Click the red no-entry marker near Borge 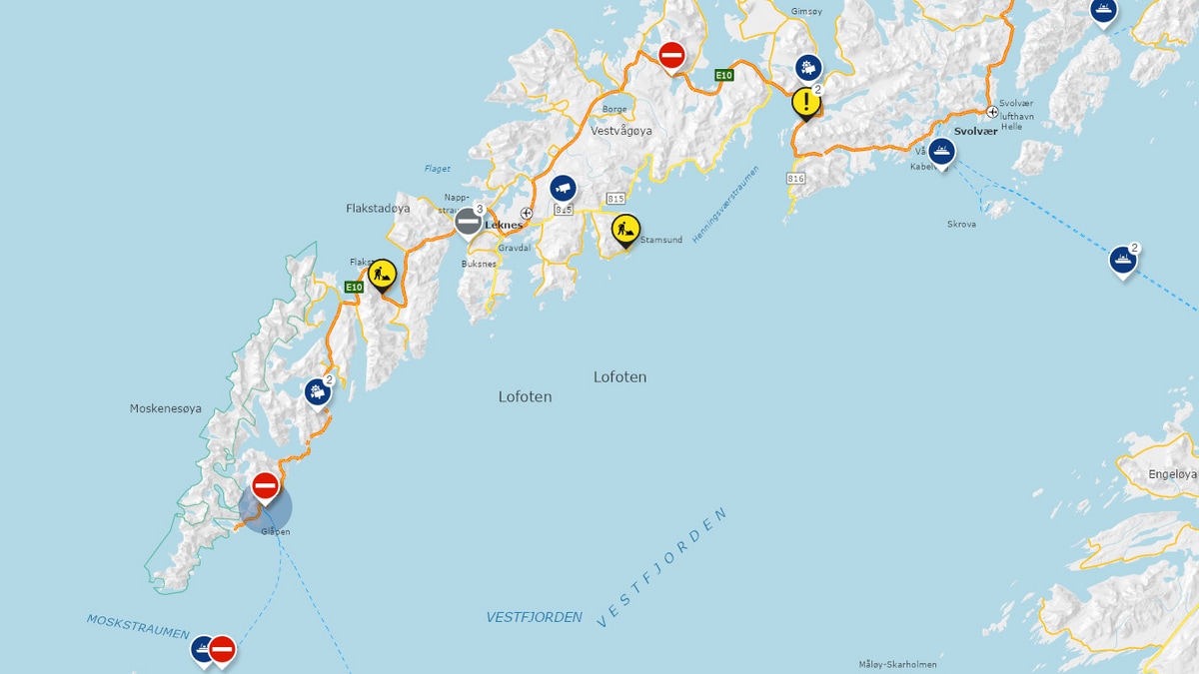coord(671,55)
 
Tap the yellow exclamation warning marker coord(805,102)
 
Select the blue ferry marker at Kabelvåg coord(940,152)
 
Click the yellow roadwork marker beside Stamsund coord(625,230)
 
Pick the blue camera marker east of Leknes coord(564,188)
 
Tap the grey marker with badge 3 coord(468,221)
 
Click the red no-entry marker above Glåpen coord(265,486)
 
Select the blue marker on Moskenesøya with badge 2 coord(318,391)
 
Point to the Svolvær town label coord(975,132)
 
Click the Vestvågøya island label coord(620,131)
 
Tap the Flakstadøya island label coord(378,209)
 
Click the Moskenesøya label coord(166,408)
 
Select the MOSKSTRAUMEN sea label coord(138,627)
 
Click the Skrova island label coord(961,225)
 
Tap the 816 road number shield coord(795,179)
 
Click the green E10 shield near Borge coord(724,75)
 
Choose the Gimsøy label coord(805,12)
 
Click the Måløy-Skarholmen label coord(897,664)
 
